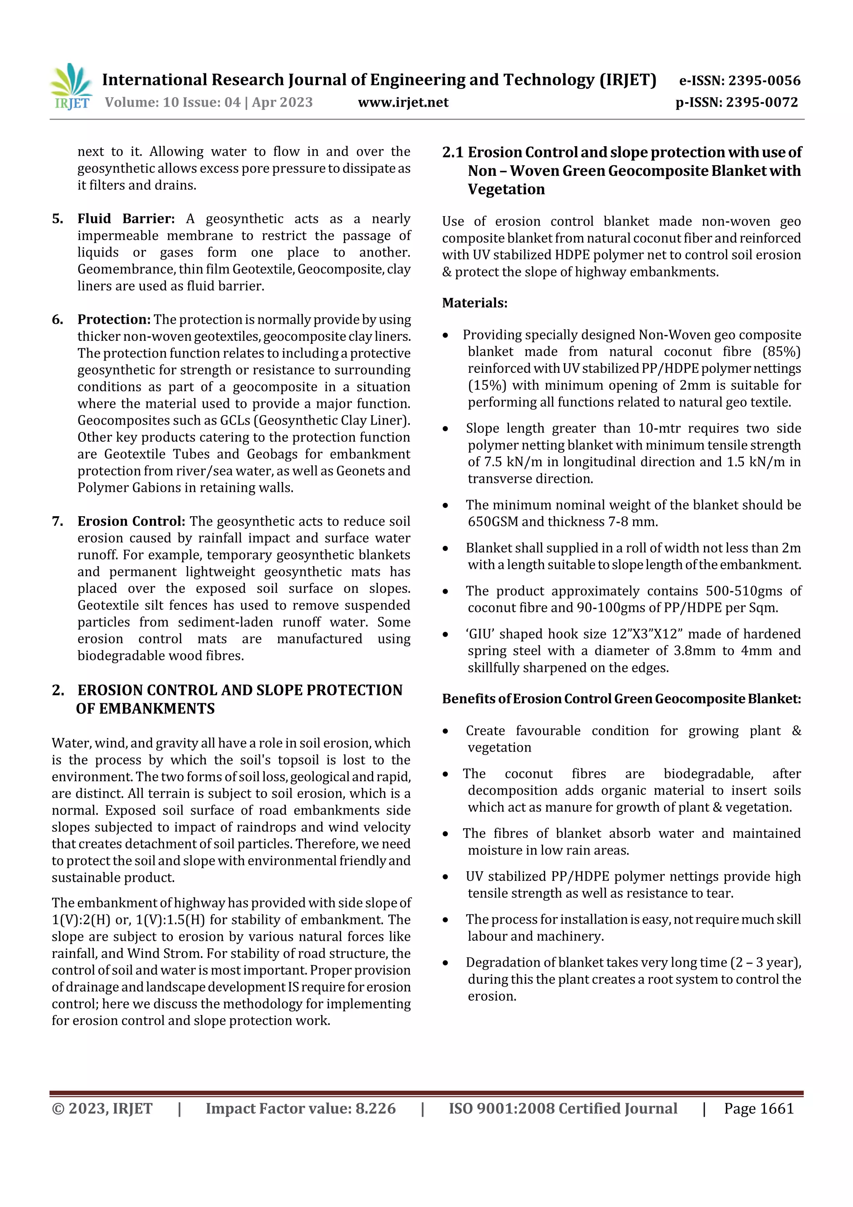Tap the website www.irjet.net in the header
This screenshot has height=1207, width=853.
[403, 102]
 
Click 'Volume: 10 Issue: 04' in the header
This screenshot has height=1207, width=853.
[172, 102]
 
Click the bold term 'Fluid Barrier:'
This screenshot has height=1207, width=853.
[126, 219]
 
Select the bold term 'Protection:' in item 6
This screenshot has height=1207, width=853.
[114, 320]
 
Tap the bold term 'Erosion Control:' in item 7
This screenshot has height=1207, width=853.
[131, 522]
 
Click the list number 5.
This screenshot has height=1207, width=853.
[57, 219]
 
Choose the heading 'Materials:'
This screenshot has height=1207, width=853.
[474, 303]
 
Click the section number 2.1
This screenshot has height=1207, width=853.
[452, 152]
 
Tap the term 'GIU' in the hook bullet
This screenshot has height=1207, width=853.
[480, 634]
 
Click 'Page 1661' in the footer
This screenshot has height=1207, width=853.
[758, 1109]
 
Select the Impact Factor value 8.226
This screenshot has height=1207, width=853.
[375, 1109]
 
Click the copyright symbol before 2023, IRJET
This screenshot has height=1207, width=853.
[58, 1109]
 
